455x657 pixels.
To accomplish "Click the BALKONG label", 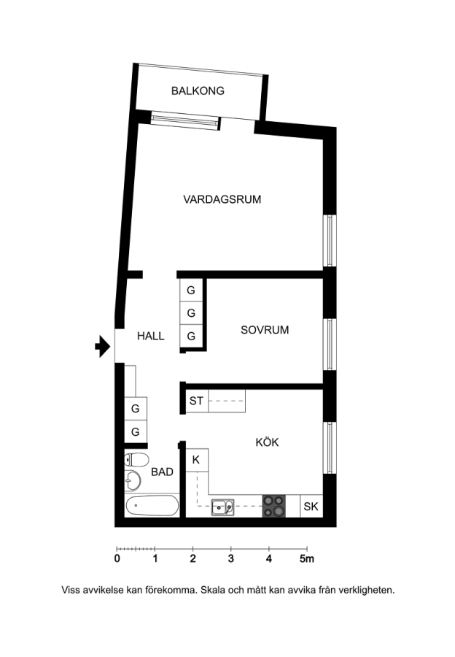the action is tap(198, 91).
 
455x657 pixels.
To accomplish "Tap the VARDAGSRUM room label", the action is tap(222, 199).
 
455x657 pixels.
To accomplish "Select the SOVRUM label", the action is tap(265, 330).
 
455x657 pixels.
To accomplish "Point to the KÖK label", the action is tap(267, 442).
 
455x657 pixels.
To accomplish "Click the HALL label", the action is tap(151, 336).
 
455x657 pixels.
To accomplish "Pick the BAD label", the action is tap(162, 472).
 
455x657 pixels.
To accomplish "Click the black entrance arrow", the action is tap(103, 347).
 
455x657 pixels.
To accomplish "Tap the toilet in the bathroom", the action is tap(137, 460).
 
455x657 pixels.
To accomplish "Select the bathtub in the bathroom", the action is tap(152, 506).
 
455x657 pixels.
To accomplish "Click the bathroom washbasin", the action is tap(133, 480).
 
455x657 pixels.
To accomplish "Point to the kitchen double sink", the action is tap(222, 507).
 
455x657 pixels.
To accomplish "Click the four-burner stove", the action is tap(274, 506).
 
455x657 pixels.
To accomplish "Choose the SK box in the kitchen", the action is tap(311, 506).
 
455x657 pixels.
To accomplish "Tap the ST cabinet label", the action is tap(196, 401).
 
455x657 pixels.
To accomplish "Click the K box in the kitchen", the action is tap(196, 460).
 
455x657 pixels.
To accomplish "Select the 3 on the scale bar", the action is tap(230, 558).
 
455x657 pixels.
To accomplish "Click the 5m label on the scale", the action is tap(307, 558).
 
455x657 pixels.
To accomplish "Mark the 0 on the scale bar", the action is tap(117, 558).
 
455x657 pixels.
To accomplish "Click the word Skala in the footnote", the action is tap(212, 590).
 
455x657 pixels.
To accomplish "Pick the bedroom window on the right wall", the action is tap(330, 345).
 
